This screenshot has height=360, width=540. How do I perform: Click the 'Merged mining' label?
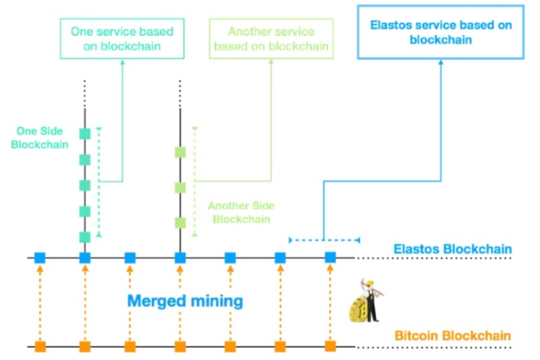(x=185, y=301)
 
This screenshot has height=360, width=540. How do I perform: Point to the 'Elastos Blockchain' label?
(x=452, y=249)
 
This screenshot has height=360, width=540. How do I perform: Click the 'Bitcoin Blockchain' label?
(x=452, y=336)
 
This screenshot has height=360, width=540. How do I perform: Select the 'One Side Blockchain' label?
(x=40, y=138)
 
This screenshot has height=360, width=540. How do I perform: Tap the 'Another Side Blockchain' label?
(x=241, y=212)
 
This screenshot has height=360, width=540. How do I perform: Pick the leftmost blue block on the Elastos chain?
(x=40, y=258)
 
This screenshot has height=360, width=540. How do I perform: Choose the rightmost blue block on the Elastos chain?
(x=330, y=257)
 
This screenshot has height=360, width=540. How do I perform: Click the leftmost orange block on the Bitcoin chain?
(x=40, y=346)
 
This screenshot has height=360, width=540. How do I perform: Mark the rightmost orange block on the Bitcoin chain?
(x=330, y=346)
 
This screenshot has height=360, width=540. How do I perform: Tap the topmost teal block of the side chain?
(x=85, y=134)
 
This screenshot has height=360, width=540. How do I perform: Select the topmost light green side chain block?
(x=180, y=152)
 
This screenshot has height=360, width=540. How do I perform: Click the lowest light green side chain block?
(x=180, y=223)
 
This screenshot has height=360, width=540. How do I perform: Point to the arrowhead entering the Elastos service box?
(x=441, y=62)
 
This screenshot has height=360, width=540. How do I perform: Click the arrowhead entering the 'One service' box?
(x=122, y=62)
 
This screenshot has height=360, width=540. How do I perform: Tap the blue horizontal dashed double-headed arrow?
(x=325, y=240)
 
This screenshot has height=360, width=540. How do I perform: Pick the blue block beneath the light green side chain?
(x=180, y=258)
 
